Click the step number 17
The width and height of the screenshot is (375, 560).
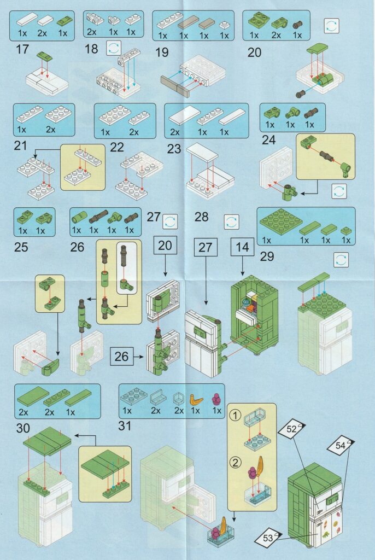pos(22,49)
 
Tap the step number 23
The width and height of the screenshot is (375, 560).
pos(174,149)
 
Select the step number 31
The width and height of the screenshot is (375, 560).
pos(125,425)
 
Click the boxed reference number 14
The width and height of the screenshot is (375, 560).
pos(243,247)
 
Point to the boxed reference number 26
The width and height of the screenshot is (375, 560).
pos(121,356)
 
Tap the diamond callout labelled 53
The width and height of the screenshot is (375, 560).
pos(268,537)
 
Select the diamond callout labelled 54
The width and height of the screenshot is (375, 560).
pos(341,445)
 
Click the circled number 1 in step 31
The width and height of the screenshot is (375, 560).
pos(236,416)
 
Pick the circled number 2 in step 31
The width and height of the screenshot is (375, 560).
pos(236,463)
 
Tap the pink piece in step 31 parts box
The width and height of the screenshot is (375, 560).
pos(216,399)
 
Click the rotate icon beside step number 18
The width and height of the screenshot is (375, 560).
pos(114,48)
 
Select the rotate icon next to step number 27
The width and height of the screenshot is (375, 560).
pos(170,221)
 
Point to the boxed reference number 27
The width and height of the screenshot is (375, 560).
pos(206,247)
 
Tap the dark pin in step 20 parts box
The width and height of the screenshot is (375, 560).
pos(298,25)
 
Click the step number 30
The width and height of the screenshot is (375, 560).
pos(23,428)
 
